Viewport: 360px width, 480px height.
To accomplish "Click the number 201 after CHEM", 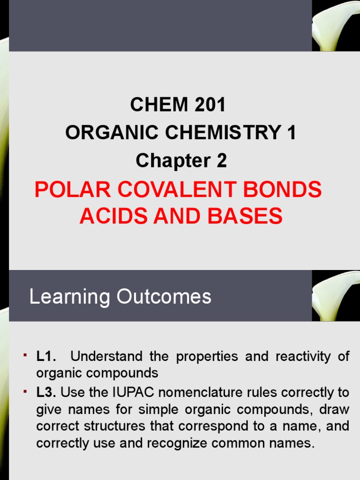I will (x=207, y=105).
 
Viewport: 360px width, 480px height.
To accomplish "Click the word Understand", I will (x=107, y=356).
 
